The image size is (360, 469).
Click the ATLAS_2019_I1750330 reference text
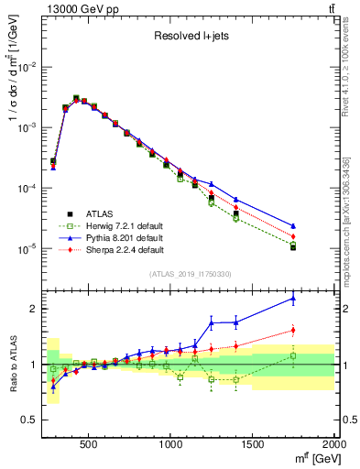189,274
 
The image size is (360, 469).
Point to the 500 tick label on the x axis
89,444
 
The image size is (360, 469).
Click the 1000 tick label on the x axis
171,444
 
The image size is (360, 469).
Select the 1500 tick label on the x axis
253,444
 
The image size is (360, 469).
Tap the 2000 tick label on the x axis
333,444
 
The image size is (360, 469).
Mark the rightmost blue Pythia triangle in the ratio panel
293,298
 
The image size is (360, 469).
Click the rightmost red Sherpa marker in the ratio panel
293,330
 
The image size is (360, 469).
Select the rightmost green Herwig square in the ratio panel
293,355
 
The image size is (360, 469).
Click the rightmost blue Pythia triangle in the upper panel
293,225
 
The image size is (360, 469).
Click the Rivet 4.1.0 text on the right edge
353,64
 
